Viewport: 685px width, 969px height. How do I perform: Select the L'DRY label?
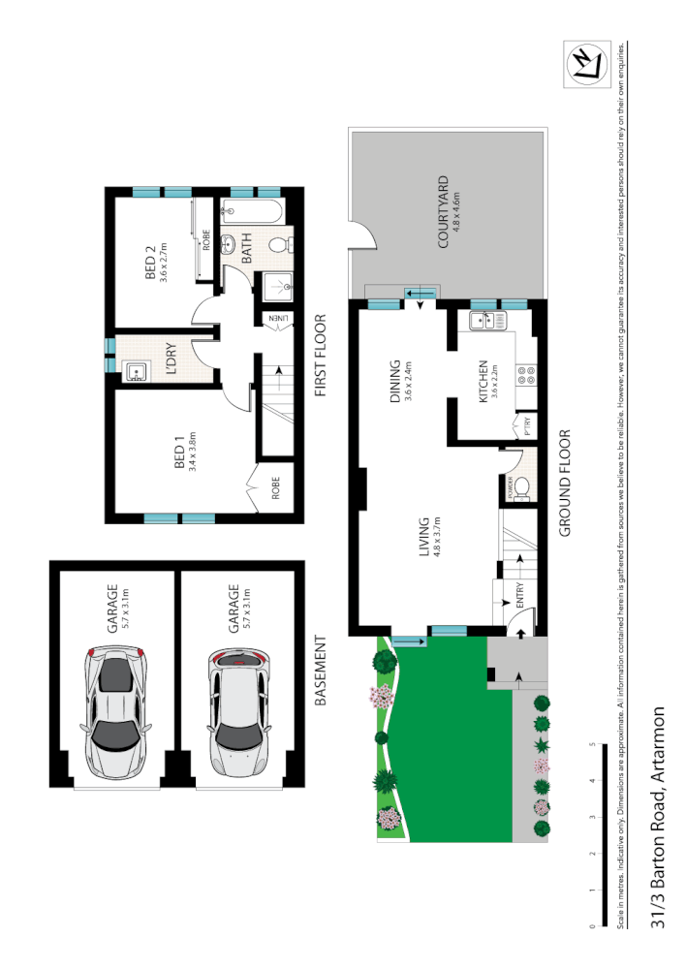click(x=170, y=359)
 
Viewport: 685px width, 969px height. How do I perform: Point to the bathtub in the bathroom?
click(x=250, y=209)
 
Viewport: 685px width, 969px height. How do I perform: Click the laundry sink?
click(x=135, y=369)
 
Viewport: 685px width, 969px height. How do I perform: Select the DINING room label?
click(x=394, y=380)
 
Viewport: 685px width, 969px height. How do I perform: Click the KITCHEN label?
click(x=487, y=380)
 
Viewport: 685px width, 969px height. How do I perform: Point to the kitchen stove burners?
click(x=527, y=373)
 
